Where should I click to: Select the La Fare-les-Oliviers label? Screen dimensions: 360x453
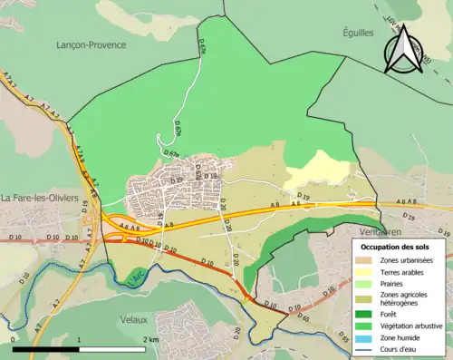[x=42, y=198]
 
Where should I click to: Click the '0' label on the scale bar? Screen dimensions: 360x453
[x=14, y=339]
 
